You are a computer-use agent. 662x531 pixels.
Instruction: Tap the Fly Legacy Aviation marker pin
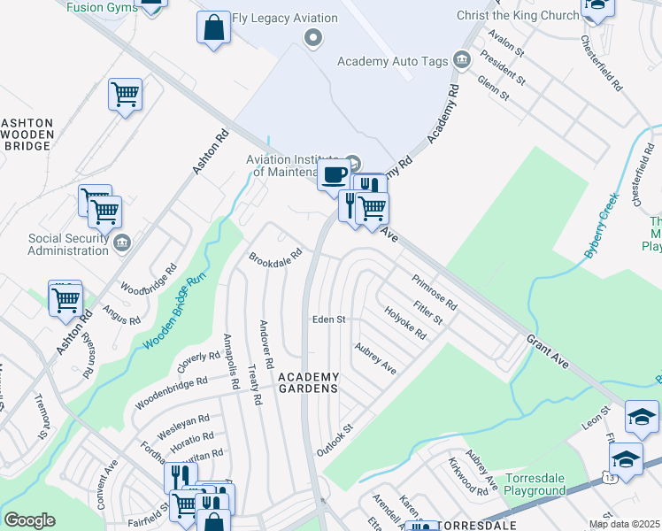click(x=311, y=37)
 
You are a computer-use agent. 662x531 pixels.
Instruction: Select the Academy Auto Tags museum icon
click(x=460, y=60)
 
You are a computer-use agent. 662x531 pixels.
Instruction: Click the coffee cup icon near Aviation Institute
click(x=333, y=175)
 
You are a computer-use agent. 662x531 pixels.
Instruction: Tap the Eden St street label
click(x=327, y=319)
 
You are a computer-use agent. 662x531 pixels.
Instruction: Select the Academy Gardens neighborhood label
click(x=308, y=382)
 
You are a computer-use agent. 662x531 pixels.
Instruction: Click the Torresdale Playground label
click(x=535, y=484)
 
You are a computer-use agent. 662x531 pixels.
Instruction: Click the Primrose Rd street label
click(x=434, y=292)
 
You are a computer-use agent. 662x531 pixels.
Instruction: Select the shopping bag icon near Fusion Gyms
click(x=213, y=27)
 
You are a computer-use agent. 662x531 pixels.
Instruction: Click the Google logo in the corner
click(x=29, y=519)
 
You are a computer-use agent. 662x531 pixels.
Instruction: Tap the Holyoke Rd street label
click(x=405, y=323)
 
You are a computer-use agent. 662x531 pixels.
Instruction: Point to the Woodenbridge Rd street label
click(x=171, y=393)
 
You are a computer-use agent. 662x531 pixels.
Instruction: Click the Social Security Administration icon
click(x=123, y=242)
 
